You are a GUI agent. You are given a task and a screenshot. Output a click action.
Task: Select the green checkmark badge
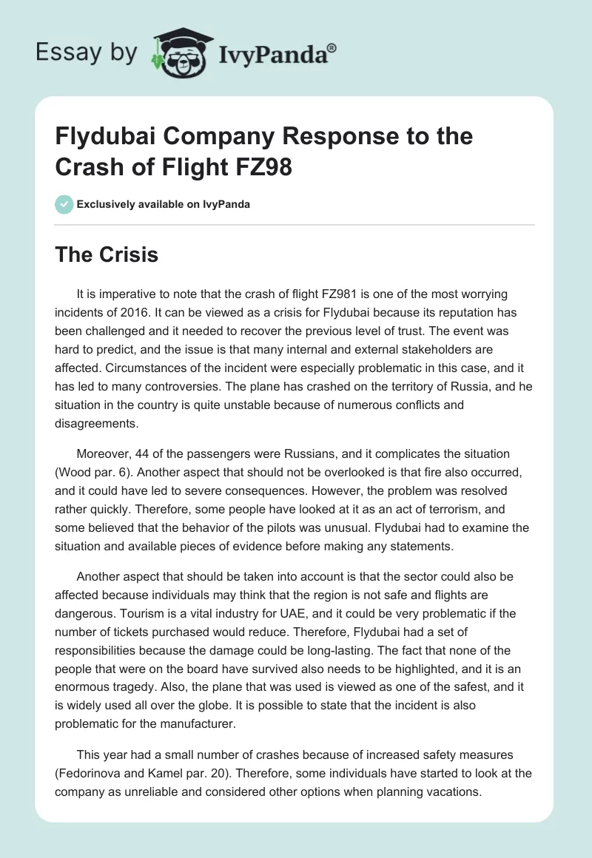pyautogui.click(x=64, y=204)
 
